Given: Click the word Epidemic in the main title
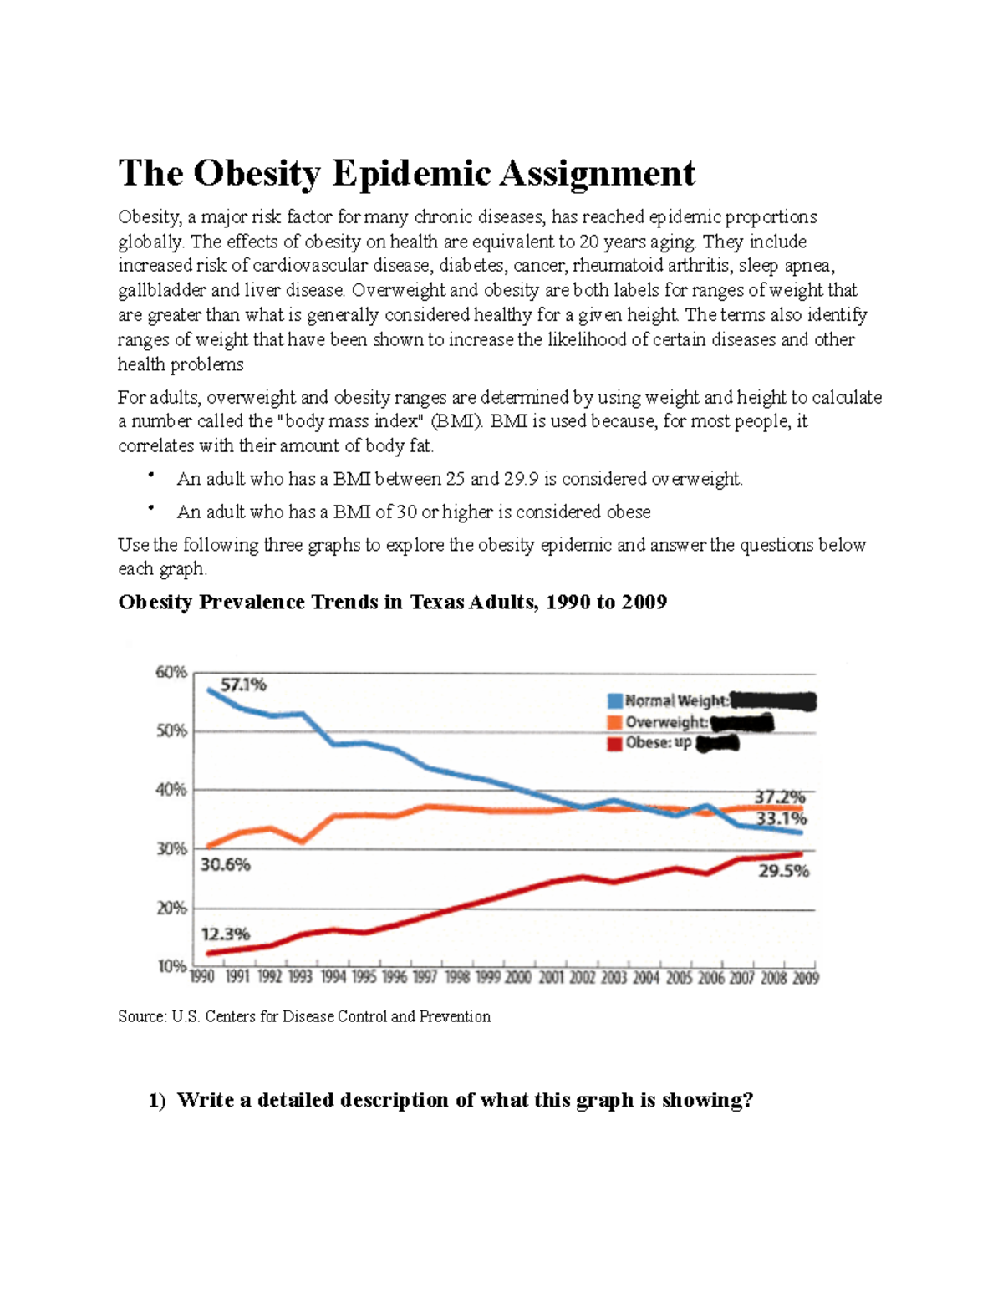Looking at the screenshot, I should coord(411,174).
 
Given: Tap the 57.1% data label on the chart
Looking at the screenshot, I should coord(243,685).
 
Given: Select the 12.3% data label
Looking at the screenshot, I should coord(225,934).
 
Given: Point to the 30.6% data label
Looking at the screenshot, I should coord(225,865).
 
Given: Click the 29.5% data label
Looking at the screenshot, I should coord(783,871).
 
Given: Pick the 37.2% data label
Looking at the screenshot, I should coord(780,797).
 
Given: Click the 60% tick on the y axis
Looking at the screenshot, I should coord(171,672).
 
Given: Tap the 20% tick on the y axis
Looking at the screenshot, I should coord(171,908).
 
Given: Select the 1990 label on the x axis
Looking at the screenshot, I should coord(203,977).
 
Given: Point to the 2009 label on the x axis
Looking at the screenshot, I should coord(806,977).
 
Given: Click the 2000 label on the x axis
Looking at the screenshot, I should coord(517,977).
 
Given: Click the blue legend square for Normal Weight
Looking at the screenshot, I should coord(615,701).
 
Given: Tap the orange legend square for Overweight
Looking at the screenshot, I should coord(615,722).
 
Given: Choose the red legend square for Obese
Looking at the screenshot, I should coord(615,743).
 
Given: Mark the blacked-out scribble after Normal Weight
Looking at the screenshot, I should coord(773,701).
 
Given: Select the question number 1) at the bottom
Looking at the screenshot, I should coord(157,1100).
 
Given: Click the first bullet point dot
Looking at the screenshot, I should coord(150,476).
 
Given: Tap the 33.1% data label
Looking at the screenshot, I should coord(782,818).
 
